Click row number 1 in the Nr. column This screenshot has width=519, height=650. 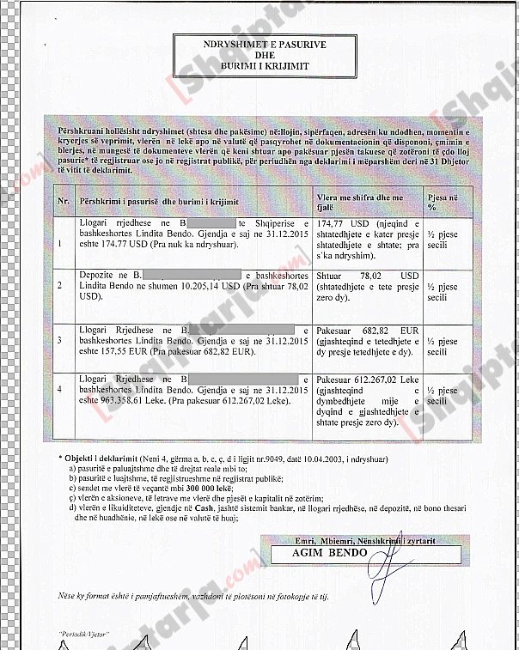tap(60, 242)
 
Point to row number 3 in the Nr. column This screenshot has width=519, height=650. tap(60, 340)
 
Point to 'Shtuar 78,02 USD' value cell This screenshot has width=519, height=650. tap(366, 275)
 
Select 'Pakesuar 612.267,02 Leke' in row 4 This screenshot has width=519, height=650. tap(366, 379)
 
